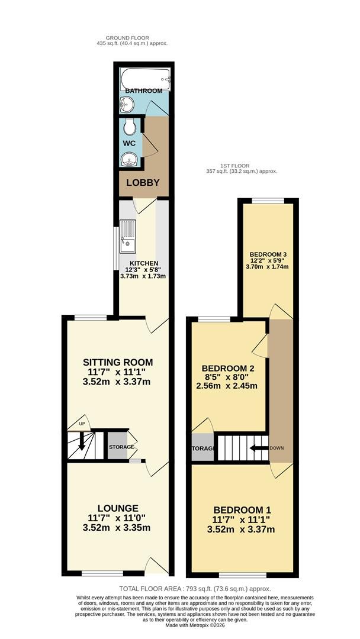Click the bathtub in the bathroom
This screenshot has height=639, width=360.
click(x=145, y=79)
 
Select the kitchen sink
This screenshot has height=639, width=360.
click(x=128, y=237)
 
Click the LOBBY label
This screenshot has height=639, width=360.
click(x=143, y=183)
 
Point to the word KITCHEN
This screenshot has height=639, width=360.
click(x=144, y=263)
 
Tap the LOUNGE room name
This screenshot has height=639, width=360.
click(x=118, y=508)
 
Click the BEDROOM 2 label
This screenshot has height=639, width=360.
click(x=229, y=369)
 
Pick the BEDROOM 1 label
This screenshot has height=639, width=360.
click(x=243, y=510)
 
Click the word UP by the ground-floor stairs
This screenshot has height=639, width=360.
click(x=82, y=424)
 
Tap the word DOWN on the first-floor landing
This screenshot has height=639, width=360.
click(x=277, y=448)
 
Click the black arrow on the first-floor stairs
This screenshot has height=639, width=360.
click(x=259, y=448)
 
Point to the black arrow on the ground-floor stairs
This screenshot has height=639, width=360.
click(x=82, y=441)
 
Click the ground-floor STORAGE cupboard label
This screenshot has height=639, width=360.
click(x=121, y=447)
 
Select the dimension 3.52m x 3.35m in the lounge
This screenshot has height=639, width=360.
click(x=117, y=528)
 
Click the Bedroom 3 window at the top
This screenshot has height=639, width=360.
click(x=268, y=201)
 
